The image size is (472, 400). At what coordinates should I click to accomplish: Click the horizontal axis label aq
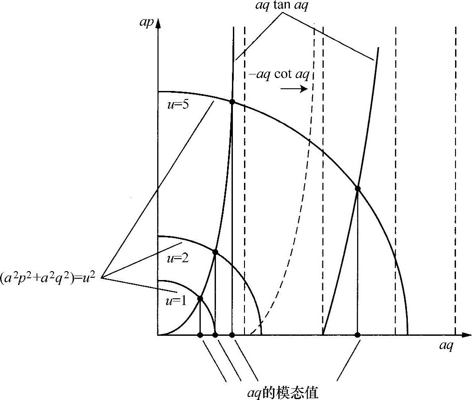point(446,346)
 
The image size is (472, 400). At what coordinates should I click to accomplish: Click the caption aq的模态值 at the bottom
point(283,392)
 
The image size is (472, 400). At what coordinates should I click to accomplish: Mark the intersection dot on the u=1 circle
point(200,298)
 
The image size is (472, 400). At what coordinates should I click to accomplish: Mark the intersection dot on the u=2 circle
point(216,252)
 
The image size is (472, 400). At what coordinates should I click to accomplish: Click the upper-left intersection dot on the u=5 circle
point(232,102)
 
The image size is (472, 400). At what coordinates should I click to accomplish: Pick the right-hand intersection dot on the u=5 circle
point(358,189)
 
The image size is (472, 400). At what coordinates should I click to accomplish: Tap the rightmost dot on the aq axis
point(358,334)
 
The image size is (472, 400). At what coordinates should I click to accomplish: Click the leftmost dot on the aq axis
point(200,334)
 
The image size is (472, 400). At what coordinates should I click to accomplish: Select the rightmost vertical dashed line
point(455,178)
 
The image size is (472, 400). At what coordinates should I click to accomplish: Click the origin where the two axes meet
point(158,334)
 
